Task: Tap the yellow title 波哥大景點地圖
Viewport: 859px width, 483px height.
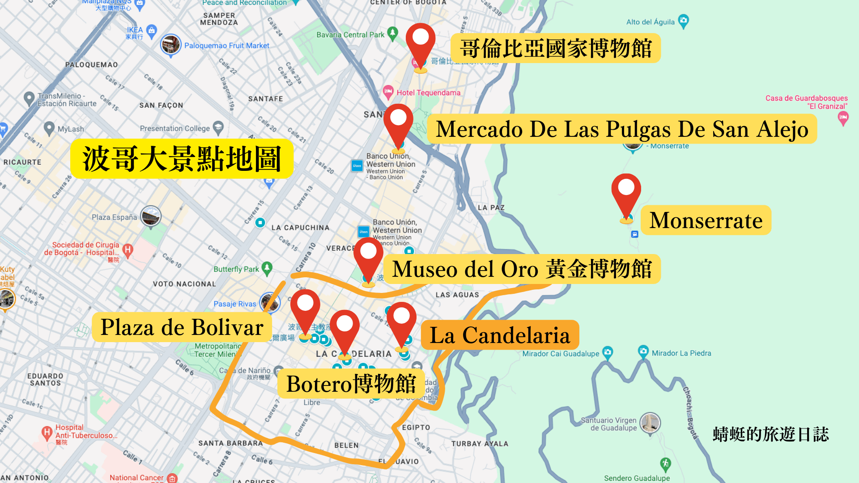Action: (182, 159)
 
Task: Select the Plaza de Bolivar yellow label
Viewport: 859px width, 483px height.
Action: (182, 327)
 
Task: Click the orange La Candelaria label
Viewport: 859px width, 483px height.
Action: (500, 335)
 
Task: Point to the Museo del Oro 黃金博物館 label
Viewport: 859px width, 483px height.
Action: (522, 269)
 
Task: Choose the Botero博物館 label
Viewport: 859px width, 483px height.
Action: (351, 384)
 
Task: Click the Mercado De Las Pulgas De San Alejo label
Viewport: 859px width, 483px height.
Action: (622, 129)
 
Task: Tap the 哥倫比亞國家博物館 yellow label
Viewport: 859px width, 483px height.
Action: (555, 48)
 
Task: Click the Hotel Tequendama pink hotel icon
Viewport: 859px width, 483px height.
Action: (388, 92)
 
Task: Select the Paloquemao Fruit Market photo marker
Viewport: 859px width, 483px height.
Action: (170, 45)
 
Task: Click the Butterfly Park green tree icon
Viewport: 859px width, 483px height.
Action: (267, 268)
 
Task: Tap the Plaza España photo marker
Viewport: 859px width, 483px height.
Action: (151, 216)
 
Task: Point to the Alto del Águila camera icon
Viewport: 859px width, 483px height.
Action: (683, 21)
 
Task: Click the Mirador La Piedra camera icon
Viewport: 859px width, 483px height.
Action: (643, 352)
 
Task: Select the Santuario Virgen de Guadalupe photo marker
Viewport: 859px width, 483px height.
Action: (650, 423)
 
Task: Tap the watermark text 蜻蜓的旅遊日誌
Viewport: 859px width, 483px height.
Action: (770, 434)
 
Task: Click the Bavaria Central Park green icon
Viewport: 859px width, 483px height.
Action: (392, 33)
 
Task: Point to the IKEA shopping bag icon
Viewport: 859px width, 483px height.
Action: (152, 30)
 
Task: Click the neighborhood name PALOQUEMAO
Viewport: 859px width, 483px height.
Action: (92, 64)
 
